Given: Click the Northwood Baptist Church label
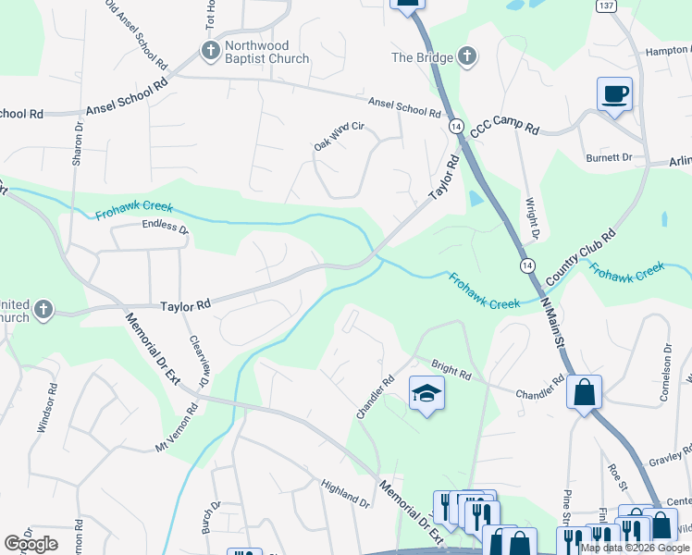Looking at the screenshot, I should click(x=256, y=52).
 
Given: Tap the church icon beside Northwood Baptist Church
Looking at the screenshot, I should click(x=210, y=50).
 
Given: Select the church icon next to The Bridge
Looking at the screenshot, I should click(x=468, y=56).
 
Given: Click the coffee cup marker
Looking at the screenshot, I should click(x=614, y=92).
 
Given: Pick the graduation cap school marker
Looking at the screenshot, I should click(x=426, y=395).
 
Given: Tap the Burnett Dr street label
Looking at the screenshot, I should click(x=609, y=158).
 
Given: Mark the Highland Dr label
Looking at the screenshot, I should click(x=345, y=494).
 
